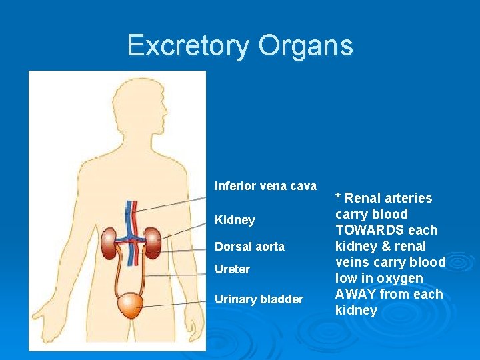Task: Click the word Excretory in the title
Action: pyautogui.click(x=187, y=45)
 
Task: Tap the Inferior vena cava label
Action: pyautogui.click(x=265, y=186)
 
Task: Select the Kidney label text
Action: pyautogui.click(x=235, y=220)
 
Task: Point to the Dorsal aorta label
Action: pyautogui.click(x=249, y=247)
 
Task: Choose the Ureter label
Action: pyautogui.click(x=232, y=269)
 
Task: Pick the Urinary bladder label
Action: pyautogui.click(x=259, y=299)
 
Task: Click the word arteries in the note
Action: pyautogui.click(x=407, y=198)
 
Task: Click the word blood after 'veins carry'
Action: pyautogui.click(x=427, y=262)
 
